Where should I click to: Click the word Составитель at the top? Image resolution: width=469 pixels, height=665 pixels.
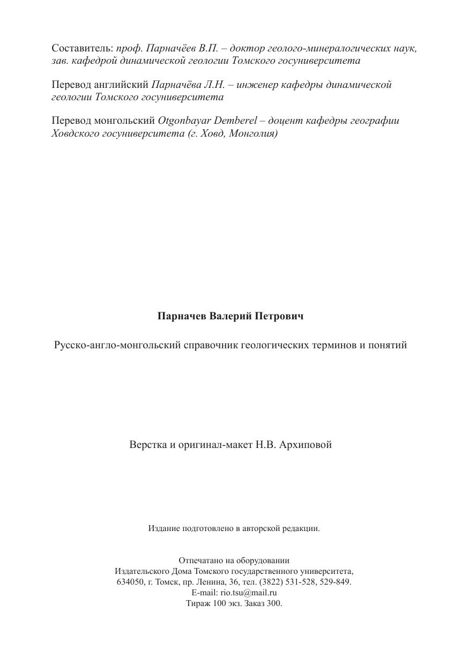coord(82,48)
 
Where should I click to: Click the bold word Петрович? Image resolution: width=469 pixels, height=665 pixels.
coord(279,316)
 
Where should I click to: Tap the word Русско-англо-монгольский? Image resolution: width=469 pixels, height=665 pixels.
coord(117,345)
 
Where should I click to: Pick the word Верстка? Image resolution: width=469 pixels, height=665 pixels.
coord(146,445)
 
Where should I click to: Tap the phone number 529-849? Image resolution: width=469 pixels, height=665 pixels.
coord(336,582)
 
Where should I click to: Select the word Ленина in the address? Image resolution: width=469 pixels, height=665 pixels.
coord(213,582)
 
